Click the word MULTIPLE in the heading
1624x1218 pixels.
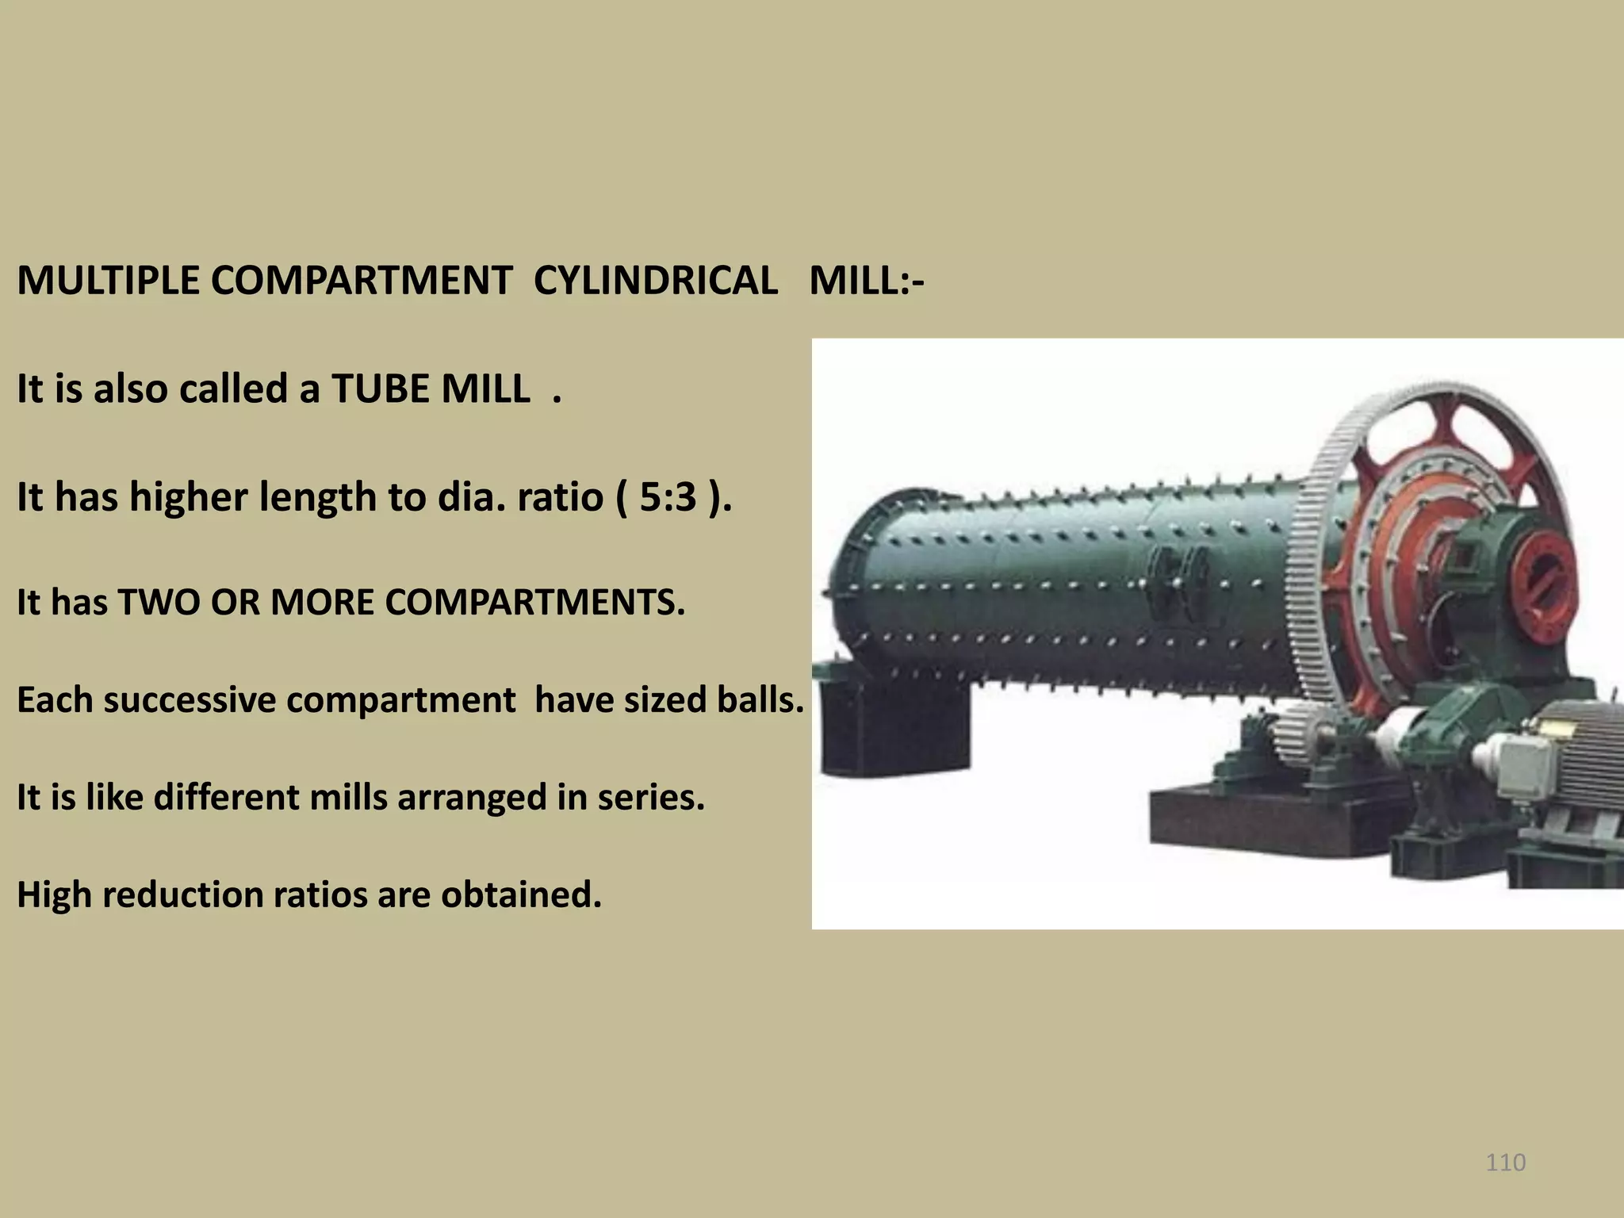click(108, 281)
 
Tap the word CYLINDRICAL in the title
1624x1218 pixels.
click(655, 281)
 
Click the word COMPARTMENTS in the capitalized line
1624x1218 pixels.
click(534, 603)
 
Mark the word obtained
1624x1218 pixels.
click(521, 895)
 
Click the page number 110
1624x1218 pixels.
click(1505, 1162)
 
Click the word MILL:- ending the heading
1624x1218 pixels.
click(866, 281)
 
